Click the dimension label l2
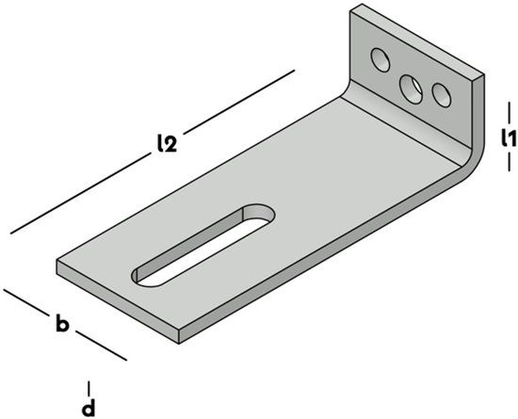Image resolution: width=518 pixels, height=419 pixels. tap(167, 144)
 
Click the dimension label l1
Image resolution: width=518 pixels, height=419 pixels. tap(508, 137)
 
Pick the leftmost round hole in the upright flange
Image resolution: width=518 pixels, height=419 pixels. tap(380, 59)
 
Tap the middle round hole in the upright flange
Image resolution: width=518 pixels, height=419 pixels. tap(411, 89)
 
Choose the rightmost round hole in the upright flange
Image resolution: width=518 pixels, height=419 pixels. tap(442, 95)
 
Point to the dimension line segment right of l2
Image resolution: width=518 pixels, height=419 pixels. tap(239, 102)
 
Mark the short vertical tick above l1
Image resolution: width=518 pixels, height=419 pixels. tap(510, 111)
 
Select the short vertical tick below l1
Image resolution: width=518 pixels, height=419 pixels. tap(510, 163)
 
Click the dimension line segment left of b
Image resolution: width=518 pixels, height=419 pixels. tap(25, 301)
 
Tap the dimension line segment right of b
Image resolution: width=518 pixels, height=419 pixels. tap(101, 346)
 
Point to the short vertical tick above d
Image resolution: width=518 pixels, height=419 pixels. tap(89, 389)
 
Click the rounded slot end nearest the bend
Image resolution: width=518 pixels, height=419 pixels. tap(261, 213)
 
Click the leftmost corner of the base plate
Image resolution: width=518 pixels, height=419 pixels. tap(57, 261)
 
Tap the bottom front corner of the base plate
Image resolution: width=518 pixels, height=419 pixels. tap(179, 344)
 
